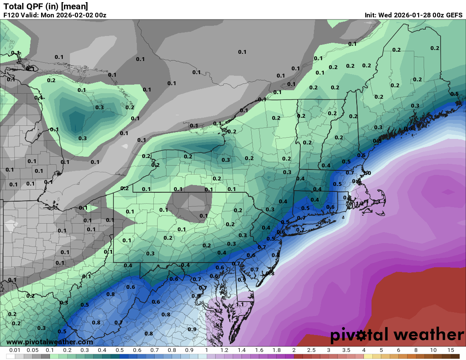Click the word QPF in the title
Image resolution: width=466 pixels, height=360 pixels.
[35, 6]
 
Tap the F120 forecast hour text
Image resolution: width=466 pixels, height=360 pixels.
[11, 15]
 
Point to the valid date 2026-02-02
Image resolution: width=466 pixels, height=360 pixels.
[77, 15]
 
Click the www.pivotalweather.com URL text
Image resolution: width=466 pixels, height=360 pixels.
[50, 342]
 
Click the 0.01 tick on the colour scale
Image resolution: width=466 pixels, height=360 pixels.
[15, 351]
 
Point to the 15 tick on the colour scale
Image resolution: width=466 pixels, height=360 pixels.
[450, 351]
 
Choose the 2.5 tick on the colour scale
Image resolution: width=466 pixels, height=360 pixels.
[311, 351]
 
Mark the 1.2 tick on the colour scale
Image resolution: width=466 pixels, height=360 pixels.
[224, 351]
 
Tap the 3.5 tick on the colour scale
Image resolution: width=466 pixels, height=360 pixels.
[346, 351]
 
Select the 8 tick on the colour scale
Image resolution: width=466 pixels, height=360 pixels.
[416, 351]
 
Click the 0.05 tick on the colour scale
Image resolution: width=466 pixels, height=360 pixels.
[33, 351]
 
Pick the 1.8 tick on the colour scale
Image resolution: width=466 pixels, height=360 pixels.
[276, 351]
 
